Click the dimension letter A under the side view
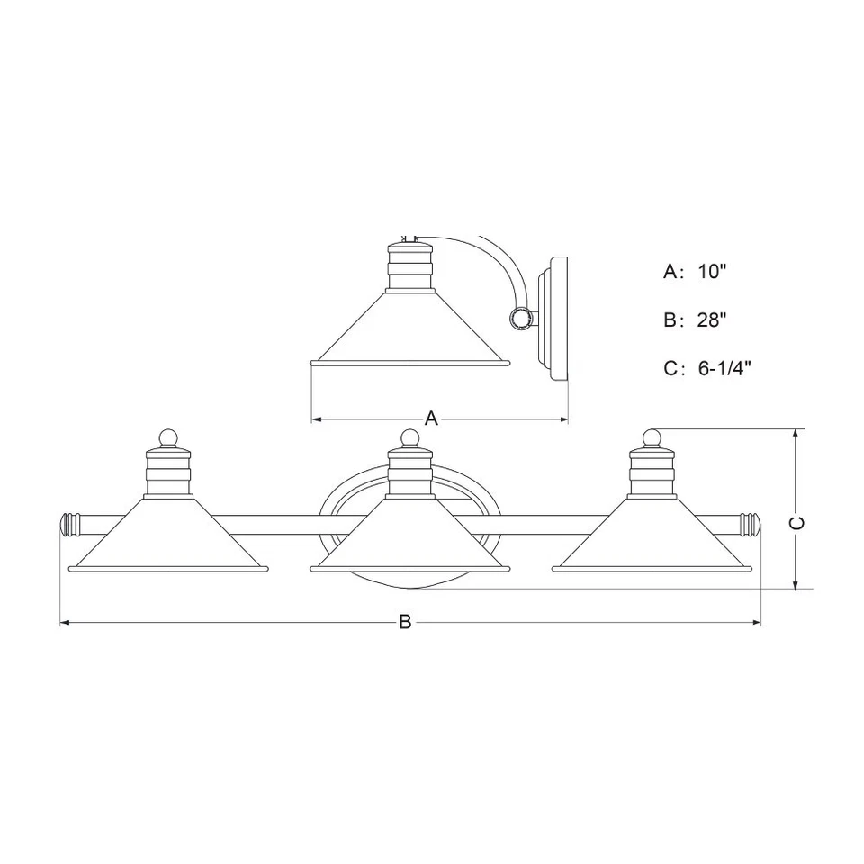coord(431,418)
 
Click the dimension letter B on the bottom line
coord(405,622)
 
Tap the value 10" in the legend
coord(710,271)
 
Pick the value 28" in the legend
coord(710,319)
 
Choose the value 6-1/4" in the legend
coord(724,368)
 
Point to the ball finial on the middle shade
coord(410,438)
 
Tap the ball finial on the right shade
coord(652,437)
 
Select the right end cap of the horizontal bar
coord(750,523)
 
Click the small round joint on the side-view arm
coord(519,317)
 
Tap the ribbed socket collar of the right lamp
coord(652,473)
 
